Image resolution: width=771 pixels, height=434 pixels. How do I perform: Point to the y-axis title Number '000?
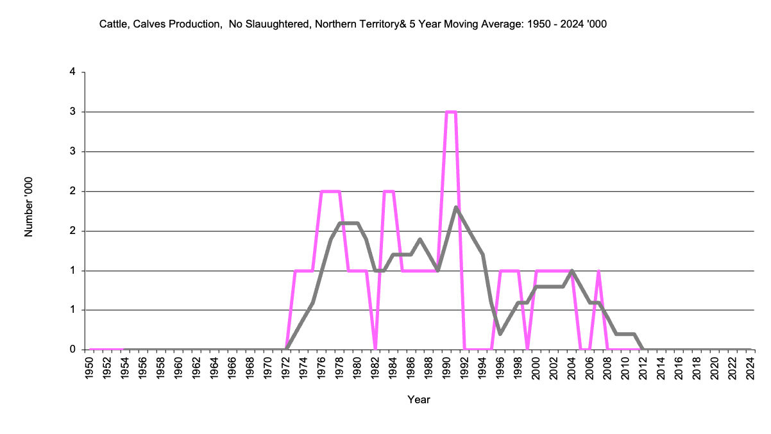[x=29, y=207]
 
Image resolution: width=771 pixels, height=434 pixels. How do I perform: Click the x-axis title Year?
[x=419, y=400]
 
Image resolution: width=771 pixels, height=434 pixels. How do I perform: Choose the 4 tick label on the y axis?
[x=72, y=72]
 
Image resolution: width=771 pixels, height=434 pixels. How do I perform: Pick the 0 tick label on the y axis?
[x=72, y=350]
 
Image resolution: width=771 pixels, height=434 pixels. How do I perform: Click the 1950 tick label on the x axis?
[x=90, y=368]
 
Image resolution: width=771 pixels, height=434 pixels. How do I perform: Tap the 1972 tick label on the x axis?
[x=286, y=368]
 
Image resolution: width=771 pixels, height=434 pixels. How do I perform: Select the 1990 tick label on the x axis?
[x=446, y=368]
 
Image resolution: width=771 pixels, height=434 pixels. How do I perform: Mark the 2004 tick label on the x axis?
[x=572, y=368]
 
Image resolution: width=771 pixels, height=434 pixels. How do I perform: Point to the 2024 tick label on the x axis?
[x=750, y=368]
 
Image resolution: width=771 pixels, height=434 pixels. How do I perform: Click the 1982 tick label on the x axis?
[x=375, y=368]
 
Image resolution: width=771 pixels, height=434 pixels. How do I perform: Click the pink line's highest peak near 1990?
[x=451, y=112]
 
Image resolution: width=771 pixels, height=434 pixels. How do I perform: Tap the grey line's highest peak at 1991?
[x=455, y=207]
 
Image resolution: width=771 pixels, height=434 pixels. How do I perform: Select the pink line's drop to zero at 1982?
[x=375, y=349]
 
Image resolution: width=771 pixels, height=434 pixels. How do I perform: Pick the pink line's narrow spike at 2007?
[x=598, y=271]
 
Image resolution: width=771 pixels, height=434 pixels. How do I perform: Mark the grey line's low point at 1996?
[x=500, y=334]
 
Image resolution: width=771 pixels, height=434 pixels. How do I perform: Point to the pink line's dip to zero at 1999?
[x=527, y=349]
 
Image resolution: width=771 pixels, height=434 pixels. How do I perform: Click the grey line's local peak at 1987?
[x=419, y=239]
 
